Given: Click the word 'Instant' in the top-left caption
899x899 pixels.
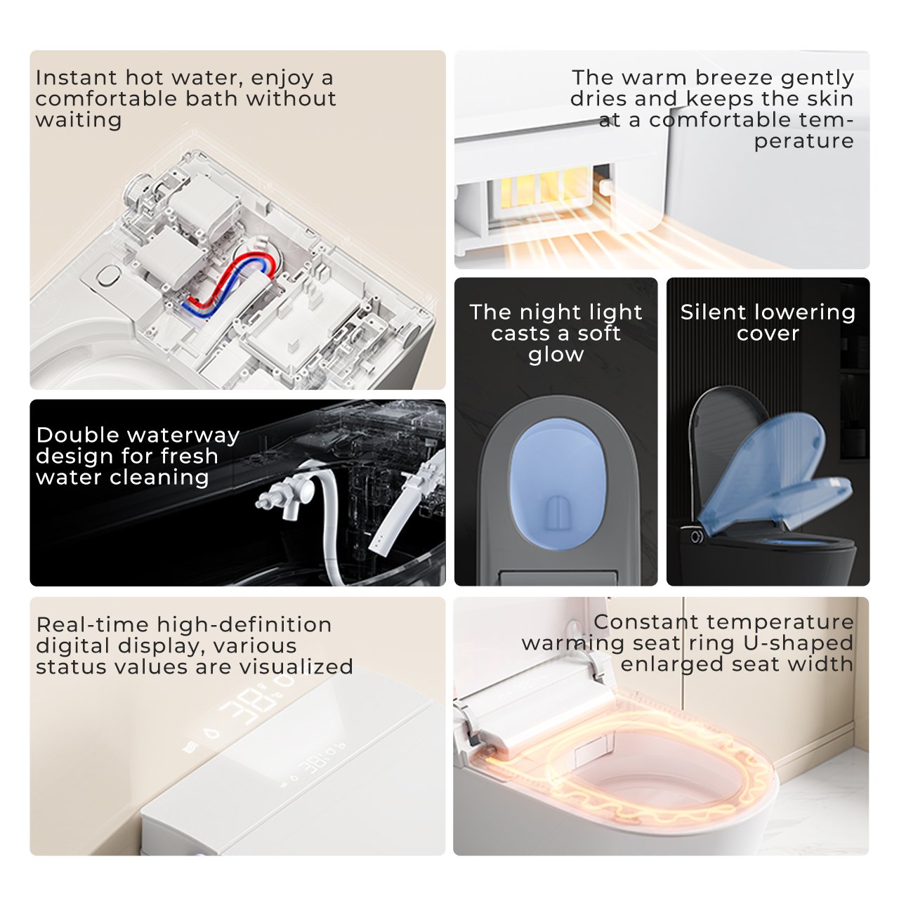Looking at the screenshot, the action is pyautogui.click(x=76, y=77).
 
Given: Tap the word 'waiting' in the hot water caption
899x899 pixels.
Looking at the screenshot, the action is pyautogui.click(x=79, y=120).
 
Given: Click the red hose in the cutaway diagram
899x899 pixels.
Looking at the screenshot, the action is pyautogui.click(x=225, y=279).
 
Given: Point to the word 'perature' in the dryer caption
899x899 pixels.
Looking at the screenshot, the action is pyautogui.click(x=803, y=141).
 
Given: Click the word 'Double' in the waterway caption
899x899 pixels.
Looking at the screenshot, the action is pyautogui.click(x=78, y=435).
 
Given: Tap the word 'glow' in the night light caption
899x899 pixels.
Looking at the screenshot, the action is pyautogui.click(x=556, y=355).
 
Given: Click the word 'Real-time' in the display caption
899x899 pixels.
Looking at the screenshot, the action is pyautogui.click(x=93, y=624).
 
